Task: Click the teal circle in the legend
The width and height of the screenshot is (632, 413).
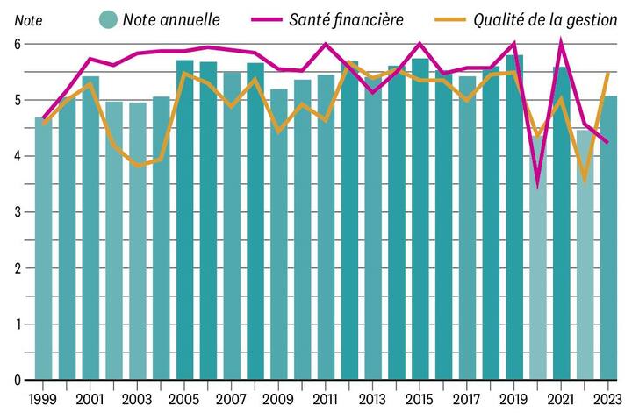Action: (109, 18)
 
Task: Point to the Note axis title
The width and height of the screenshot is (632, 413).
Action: (16, 20)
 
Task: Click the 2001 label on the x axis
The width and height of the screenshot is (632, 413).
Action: (90, 399)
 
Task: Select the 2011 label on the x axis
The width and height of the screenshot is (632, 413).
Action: (326, 399)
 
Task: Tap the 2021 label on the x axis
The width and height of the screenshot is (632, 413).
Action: (561, 399)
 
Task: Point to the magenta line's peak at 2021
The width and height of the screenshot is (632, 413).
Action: (561, 44)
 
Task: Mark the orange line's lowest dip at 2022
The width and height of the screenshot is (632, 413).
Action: (585, 181)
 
